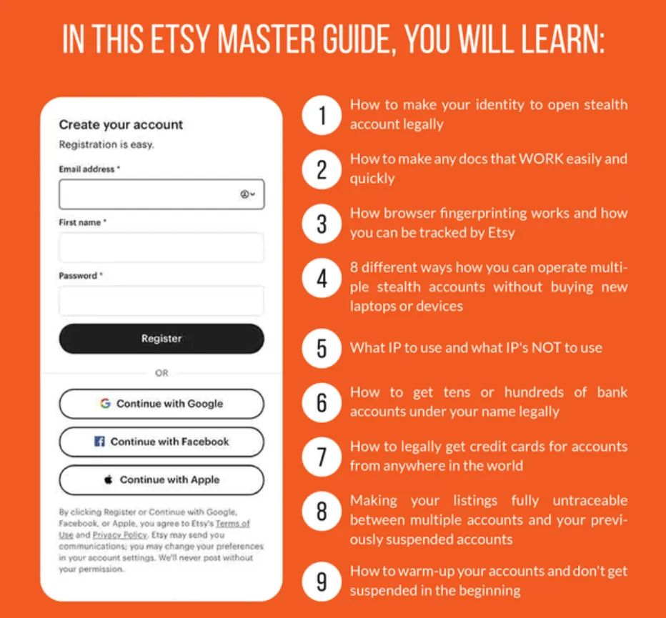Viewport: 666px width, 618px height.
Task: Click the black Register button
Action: pyautogui.click(x=161, y=339)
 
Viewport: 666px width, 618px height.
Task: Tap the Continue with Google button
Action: pyautogui.click(x=161, y=404)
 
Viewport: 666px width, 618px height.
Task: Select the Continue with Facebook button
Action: pyautogui.click(x=161, y=442)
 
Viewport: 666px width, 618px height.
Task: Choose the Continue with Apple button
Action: pyautogui.click(x=161, y=480)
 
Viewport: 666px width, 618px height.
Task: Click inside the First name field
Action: pyautogui.click(x=161, y=247)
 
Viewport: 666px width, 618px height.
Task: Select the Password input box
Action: pyautogui.click(x=161, y=300)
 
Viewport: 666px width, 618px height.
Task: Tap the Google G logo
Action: pyautogui.click(x=105, y=403)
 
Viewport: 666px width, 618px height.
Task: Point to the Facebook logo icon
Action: pyautogui.click(x=99, y=442)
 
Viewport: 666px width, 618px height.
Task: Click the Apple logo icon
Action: pyautogui.click(x=109, y=479)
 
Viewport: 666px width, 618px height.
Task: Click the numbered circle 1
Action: pyautogui.click(x=322, y=115)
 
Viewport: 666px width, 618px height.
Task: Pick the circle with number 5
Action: pyautogui.click(x=322, y=348)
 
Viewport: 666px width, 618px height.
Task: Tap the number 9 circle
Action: pyautogui.click(x=322, y=582)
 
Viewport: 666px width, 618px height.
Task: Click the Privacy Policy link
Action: pyautogui.click(x=120, y=534)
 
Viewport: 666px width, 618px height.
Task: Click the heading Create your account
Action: pyautogui.click(x=121, y=124)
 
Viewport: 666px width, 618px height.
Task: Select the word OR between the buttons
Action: pyautogui.click(x=161, y=373)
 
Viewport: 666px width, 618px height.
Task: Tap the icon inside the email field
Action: pyautogui.click(x=247, y=194)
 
